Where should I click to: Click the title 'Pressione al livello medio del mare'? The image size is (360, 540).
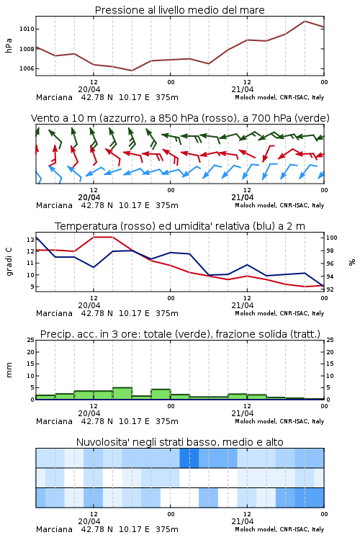(x=179, y=10)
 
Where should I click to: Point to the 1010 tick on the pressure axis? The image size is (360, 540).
(x=27, y=29)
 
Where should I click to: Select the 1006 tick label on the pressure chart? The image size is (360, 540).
(x=27, y=68)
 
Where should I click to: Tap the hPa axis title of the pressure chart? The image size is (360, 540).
(x=9, y=45)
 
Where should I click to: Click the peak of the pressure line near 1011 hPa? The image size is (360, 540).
(x=305, y=21)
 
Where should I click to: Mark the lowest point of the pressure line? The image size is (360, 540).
(x=132, y=71)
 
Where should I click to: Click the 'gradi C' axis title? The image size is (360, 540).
(x=9, y=262)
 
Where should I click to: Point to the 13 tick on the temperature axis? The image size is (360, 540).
(x=31, y=239)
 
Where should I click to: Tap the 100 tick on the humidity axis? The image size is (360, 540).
(x=332, y=238)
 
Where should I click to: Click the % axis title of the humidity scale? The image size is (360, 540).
(x=352, y=262)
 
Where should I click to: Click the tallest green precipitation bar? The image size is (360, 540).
(x=122, y=394)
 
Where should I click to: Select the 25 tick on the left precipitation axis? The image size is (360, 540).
(x=31, y=340)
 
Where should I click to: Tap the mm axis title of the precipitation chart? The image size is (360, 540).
(x=9, y=370)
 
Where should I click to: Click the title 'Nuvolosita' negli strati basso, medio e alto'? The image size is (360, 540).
(x=179, y=442)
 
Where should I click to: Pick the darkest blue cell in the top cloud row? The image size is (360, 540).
(x=189, y=458)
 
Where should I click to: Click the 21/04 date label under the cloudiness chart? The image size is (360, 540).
(x=242, y=521)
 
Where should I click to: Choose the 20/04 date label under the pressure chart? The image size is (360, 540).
(x=89, y=89)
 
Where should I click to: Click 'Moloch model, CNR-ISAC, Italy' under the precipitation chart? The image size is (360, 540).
(x=279, y=421)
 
